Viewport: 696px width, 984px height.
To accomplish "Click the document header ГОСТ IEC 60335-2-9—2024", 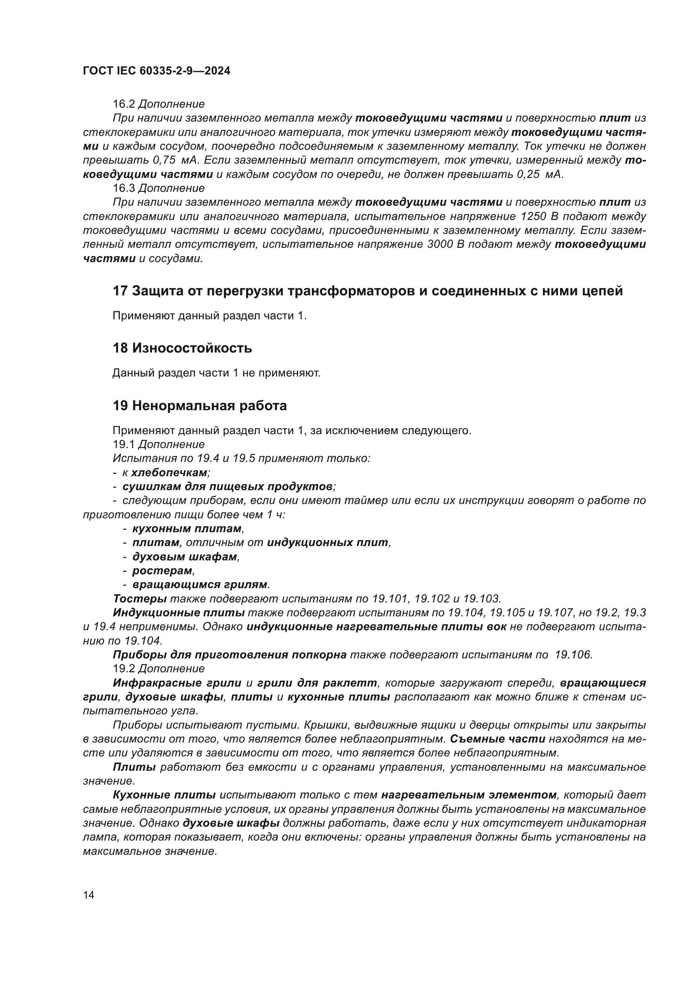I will (x=157, y=71).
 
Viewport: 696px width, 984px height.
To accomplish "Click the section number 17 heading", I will (x=120, y=291).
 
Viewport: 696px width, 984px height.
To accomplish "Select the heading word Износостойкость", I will (x=192, y=348).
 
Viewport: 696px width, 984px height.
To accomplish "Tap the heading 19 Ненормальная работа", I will (x=200, y=406).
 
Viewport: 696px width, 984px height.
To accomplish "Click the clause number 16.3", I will (x=124, y=188).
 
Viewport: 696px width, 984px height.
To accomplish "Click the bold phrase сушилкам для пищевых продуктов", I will (x=228, y=486).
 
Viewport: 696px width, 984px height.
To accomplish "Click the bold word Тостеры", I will (x=140, y=599).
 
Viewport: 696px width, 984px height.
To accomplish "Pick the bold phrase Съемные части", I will (x=497, y=739).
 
